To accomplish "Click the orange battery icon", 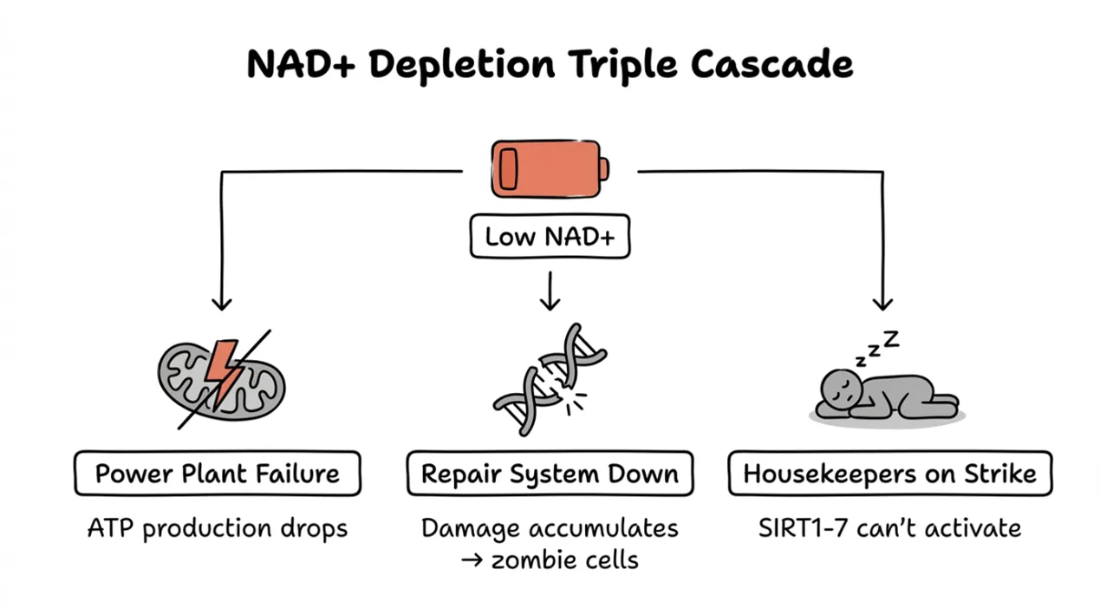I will point(550,169).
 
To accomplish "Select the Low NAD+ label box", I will point(550,237).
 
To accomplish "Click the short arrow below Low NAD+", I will point(550,291).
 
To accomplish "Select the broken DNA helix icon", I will point(550,380).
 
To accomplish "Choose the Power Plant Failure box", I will point(218,474).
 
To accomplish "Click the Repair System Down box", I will point(550,474).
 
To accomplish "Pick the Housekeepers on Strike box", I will point(889,474).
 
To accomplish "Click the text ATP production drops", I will point(218,527).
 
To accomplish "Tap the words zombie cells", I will point(564,559).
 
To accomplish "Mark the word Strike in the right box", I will point(999,474).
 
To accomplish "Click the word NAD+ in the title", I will point(300,65).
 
